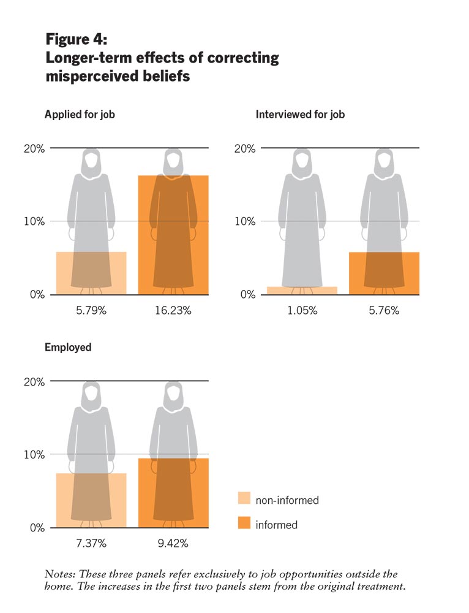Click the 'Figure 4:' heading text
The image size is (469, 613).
[x=77, y=40]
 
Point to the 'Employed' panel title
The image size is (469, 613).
[x=68, y=347]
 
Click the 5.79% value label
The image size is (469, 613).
[x=91, y=310]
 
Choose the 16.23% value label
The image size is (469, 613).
[x=174, y=310]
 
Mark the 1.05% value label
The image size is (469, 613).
[x=302, y=310]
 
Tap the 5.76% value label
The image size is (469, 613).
[x=385, y=310]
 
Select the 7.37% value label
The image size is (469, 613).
[x=91, y=543]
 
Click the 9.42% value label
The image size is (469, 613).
[x=174, y=543]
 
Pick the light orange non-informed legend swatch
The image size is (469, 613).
[x=244, y=500]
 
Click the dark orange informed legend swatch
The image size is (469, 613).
[x=244, y=524]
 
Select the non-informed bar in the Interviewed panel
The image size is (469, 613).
[x=302, y=291]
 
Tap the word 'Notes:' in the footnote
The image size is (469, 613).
[x=59, y=574]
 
